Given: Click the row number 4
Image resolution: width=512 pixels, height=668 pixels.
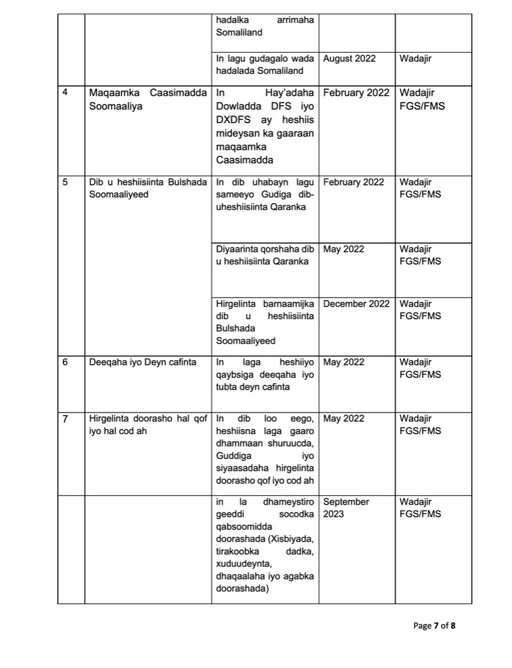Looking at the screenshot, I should pos(66,93).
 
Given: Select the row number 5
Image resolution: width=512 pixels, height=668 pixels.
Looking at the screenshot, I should pos(66,182).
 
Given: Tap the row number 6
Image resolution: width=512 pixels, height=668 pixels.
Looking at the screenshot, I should pos(66,362).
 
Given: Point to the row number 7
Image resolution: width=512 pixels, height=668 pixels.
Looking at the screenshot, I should pos(66,419).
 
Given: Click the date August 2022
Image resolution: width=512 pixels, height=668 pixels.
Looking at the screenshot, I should pos(350,59).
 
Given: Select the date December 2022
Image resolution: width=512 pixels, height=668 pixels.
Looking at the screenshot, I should pos(356,304).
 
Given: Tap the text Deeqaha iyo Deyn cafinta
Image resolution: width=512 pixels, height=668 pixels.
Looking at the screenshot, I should pos(143,362).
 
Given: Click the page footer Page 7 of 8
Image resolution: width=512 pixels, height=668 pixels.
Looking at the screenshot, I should pos(434,626).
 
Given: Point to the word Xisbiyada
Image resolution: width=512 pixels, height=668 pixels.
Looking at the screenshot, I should pos(291,539).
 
